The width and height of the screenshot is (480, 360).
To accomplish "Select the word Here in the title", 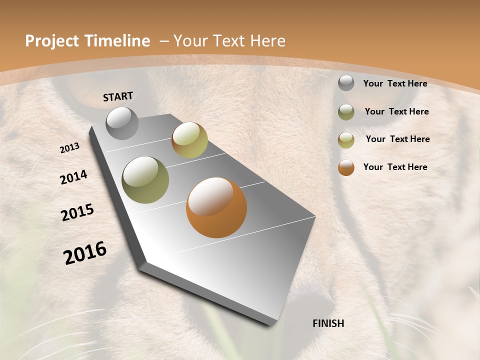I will tap(267, 41).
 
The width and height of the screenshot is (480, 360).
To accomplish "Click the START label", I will tap(118, 96).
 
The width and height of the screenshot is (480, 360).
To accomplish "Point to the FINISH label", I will tap(328, 323).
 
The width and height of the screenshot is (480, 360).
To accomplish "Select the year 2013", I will tap(70, 148).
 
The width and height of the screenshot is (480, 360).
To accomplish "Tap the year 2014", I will tap(74, 177).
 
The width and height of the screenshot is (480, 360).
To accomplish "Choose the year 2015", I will tap(77, 212).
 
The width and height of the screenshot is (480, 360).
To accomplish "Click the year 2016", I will tap(85, 252).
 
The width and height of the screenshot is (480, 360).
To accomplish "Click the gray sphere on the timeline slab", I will tap(122, 123).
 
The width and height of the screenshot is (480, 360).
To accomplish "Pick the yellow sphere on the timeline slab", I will tap(189, 140).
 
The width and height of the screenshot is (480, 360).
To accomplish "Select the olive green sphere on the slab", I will tap(145, 180).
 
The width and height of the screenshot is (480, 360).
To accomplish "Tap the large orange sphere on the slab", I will tap(216, 207).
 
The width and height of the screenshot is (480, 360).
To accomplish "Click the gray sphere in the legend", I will tap(346, 83).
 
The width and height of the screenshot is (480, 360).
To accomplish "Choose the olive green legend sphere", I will tap(346, 112).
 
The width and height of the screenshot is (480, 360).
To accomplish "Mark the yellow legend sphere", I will tap(346, 140).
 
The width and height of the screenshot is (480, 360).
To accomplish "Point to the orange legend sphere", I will tap(346, 167).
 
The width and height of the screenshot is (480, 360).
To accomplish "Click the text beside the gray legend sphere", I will tap(395, 83).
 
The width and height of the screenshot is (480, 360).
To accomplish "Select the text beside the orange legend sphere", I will tap(395, 167).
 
